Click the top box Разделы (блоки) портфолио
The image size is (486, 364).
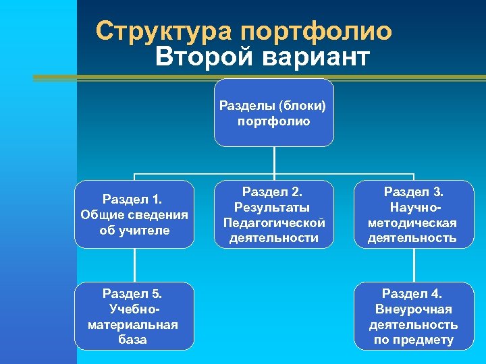point(273,113)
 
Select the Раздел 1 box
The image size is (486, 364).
point(134,214)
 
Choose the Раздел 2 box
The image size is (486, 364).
point(273,214)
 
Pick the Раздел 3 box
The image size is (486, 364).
point(412,214)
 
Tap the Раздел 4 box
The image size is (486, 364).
point(412,315)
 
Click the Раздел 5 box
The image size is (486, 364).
point(134,315)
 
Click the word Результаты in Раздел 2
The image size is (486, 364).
point(273,207)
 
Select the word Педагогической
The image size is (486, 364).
point(273,222)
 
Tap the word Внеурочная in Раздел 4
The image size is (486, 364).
point(412,309)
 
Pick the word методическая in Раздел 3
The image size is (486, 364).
point(412,222)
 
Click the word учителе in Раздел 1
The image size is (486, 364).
point(146,231)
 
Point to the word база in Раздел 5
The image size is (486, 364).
point(133,340)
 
